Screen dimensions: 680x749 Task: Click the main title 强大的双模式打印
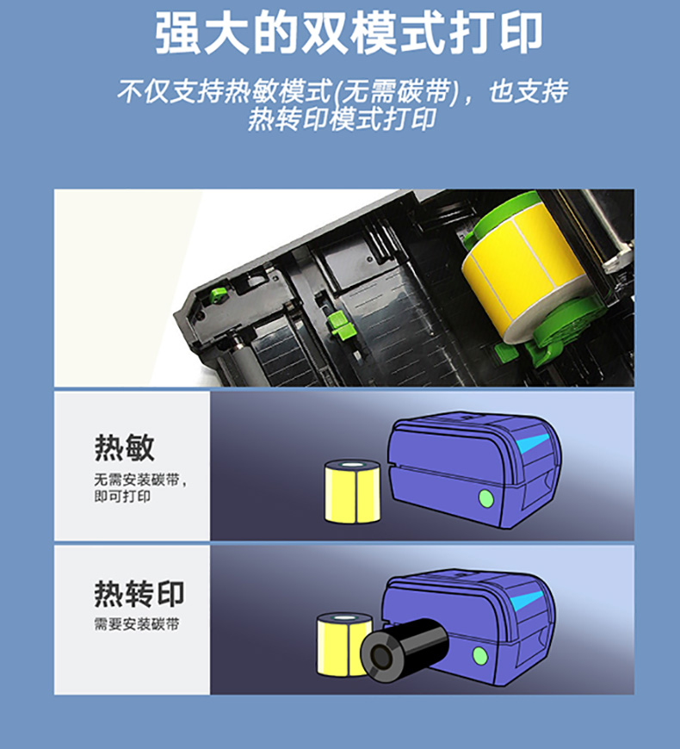pos(349,34)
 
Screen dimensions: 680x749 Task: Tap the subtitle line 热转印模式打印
pos(342,119)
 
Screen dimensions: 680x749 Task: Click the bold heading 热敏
pos(124,448)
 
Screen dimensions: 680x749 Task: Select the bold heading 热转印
pos(139,594)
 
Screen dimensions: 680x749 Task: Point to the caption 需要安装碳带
pos(137,624)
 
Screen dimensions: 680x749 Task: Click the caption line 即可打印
pos(122,496)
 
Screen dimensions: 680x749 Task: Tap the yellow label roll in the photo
pos(522,269)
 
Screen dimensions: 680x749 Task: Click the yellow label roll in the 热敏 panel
pos(352,491)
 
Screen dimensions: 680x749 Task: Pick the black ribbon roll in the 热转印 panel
pos(404,649)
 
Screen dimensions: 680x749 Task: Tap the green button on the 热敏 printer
pos(486,498)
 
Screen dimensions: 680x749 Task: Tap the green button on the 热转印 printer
pos(480,656)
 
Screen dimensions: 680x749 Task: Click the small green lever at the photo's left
pos(219,294)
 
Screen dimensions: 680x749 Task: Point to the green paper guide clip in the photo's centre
pos(341,325)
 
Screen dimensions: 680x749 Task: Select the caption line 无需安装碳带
pos(137,480)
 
